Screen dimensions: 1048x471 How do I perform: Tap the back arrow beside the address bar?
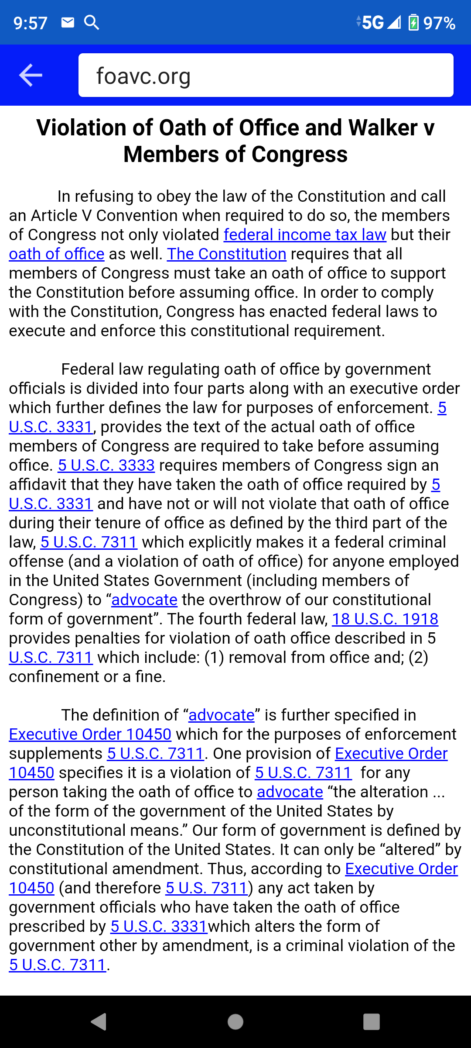[31, 75]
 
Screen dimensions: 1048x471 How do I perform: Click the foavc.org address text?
[143, 76]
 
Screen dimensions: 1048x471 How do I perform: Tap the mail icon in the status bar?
[68, 22]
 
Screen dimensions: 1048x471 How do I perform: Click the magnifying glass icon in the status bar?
[92, 22]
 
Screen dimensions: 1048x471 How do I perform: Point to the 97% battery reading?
[439, 23]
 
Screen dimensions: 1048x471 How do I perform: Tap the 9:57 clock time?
[31, 23]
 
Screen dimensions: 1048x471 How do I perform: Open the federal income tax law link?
[305, 235]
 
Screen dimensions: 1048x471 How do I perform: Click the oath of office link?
[57, 254]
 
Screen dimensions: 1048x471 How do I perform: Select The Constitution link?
[226, 254]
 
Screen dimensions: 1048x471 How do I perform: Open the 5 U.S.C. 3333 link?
[106, 465]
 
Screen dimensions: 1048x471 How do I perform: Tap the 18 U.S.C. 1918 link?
[385, 619]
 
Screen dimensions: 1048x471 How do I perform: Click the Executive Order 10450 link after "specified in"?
[90, 734]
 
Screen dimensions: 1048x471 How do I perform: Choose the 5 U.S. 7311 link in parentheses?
[207, 888]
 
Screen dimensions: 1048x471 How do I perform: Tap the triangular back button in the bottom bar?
[99, 1022]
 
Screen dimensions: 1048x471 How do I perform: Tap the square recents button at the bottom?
[371, 1022]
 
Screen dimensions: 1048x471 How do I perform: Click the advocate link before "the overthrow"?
[144, 600]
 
